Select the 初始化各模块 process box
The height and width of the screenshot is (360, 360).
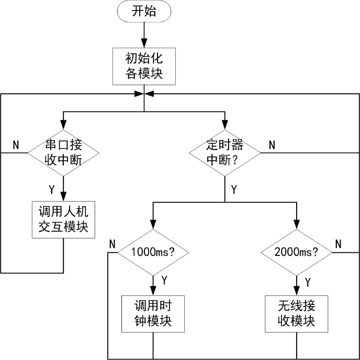pos(144,65)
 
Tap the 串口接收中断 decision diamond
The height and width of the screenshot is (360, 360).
pos(63,152)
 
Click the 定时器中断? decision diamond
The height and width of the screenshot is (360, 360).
pos(225,152)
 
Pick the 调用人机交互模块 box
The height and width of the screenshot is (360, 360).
pos(63,220)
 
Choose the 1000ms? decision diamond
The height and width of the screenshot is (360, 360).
pos(153,252)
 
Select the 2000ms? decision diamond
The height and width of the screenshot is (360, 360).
pos(297,252)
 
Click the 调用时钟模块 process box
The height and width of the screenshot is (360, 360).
pos(153,313)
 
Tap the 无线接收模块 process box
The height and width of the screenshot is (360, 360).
pos(297,313)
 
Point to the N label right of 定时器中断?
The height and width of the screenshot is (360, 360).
pos(272,145)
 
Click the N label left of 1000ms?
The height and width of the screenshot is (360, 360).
pos(112,244)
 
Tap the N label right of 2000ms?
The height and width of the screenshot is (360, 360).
pos(338,243)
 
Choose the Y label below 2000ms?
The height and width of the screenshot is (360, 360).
pos(308,282)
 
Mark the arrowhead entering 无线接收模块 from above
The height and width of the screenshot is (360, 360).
pos(297,292)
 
